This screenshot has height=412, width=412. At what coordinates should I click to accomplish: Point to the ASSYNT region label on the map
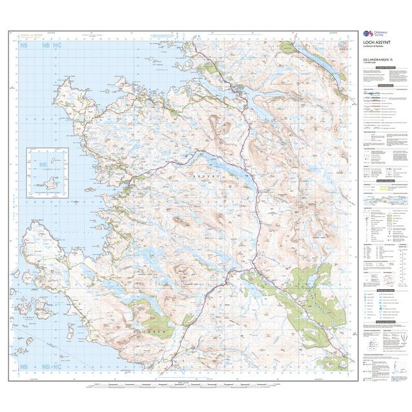[207, 175]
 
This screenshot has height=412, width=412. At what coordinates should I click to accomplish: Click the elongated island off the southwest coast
[70, 331]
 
